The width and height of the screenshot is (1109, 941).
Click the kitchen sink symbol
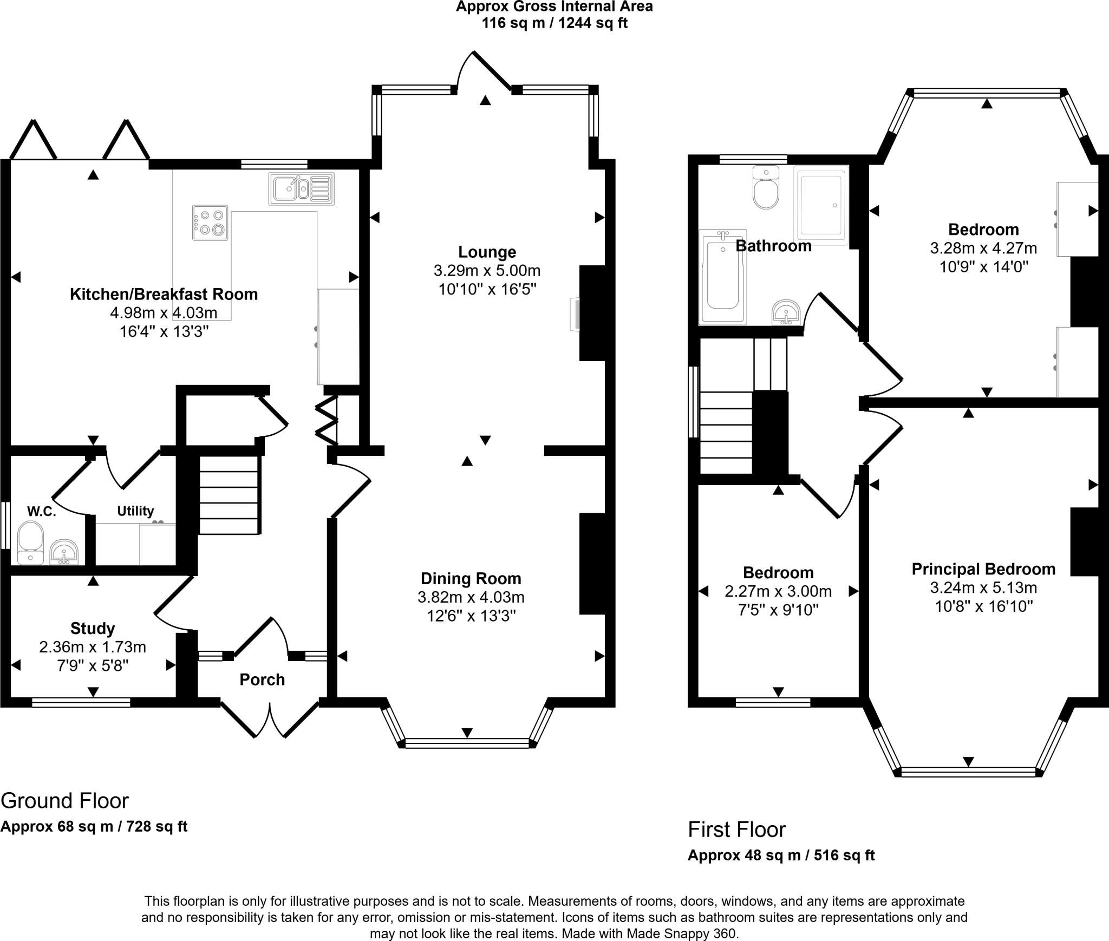pos(301,188)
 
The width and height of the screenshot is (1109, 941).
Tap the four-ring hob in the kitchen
pos(210,222)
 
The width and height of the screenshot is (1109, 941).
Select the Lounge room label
pos(487,252)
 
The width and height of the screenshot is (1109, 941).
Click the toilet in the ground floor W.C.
pos(30,542)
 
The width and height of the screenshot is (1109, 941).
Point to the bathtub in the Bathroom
pos(722,277)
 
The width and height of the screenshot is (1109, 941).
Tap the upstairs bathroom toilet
pos(766,188)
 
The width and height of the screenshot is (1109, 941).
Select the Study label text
pos(93,628)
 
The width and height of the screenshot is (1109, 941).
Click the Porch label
pos(262,679)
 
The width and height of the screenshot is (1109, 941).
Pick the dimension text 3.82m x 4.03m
pos(471,597)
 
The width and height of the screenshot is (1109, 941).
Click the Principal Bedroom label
pos(983,569)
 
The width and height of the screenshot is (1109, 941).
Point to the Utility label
pos(135,511)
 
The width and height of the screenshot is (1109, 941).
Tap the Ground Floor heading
pos(65,800)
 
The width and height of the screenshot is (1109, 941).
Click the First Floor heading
pos(736,829)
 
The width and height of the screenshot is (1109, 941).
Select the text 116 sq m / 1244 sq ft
pos(554,24)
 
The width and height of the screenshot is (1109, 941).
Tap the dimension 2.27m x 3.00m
pos(778,591)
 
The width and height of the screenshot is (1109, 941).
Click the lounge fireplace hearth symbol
pos(575,313)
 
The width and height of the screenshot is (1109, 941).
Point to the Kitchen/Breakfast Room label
pos(164,294)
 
